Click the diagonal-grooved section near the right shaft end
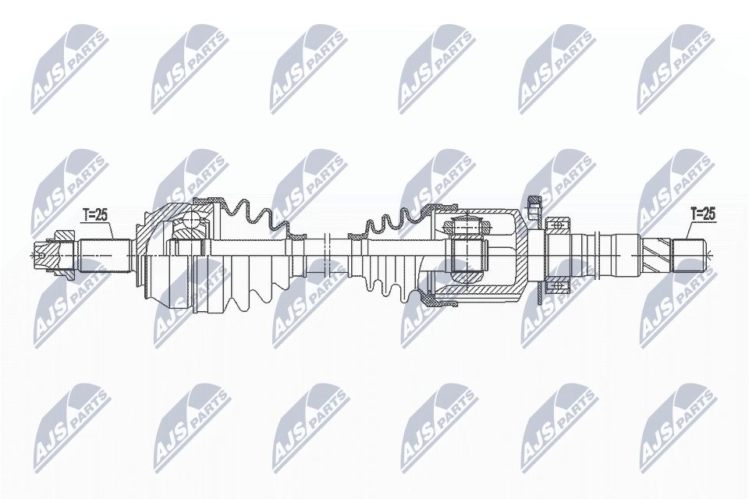point(659,253)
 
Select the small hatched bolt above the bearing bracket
point(534,207)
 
